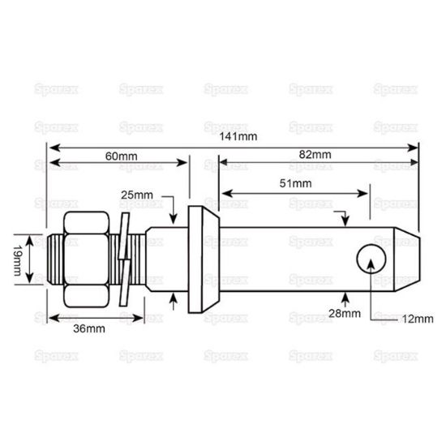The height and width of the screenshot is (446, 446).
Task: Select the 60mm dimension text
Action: pos(120,155)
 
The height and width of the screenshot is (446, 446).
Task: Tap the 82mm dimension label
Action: pos(315,155)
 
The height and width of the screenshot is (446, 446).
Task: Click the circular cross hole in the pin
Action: pos(371,259)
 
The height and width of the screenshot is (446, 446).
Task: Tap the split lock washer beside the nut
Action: pos(124,259)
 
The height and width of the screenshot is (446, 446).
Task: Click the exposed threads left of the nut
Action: pos(55,259)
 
